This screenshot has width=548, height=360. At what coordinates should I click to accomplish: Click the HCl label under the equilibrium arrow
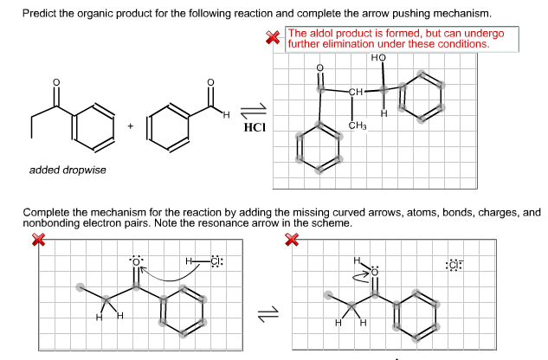pyautogui.click(x=255, y=127)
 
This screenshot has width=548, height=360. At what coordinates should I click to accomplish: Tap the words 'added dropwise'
pyautogui.click(x=68, y=170)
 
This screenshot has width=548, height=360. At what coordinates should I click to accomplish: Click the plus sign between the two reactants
pyautogui.click(x=131, y=125)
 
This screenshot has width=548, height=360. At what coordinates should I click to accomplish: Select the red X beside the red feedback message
pyautogui.click(x=273, y=37)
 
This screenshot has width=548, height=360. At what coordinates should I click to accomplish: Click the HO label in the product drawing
pyautogui.click(x=378, y=58)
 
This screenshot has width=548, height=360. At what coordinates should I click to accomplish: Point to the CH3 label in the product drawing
pyautogui.click(x=358, y=125)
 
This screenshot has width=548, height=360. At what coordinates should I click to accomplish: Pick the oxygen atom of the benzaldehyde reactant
pyautogui.click(x=210, y=82)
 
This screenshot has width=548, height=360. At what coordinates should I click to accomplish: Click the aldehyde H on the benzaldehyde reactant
pyautogui.click(x=227, y=114)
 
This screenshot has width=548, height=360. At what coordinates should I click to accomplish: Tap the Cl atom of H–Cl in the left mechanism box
pyautogui.click(x=216, y=261)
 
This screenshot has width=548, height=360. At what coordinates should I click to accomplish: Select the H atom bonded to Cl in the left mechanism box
pyautogui.click(x=189, y=261)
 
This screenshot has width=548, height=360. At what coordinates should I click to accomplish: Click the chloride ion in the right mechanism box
pyautogui.click(x=455, y=266)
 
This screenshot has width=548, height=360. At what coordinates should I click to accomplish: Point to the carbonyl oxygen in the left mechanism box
pyautogui.click(x=136, y=262)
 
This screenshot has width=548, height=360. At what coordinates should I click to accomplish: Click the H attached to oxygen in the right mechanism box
pyautogui.click(x=357, y=260)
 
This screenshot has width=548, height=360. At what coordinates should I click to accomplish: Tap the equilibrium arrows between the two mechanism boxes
pyautogui.click(x=268, y=314)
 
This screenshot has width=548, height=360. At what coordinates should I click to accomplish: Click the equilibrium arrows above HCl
pyautogui.click(x=254, y=111)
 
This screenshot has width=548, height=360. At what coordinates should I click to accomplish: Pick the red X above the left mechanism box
pyautogui.click(x=38, y=240)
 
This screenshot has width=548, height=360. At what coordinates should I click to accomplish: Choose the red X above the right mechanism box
pyautogui.click(x=292, y=240)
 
